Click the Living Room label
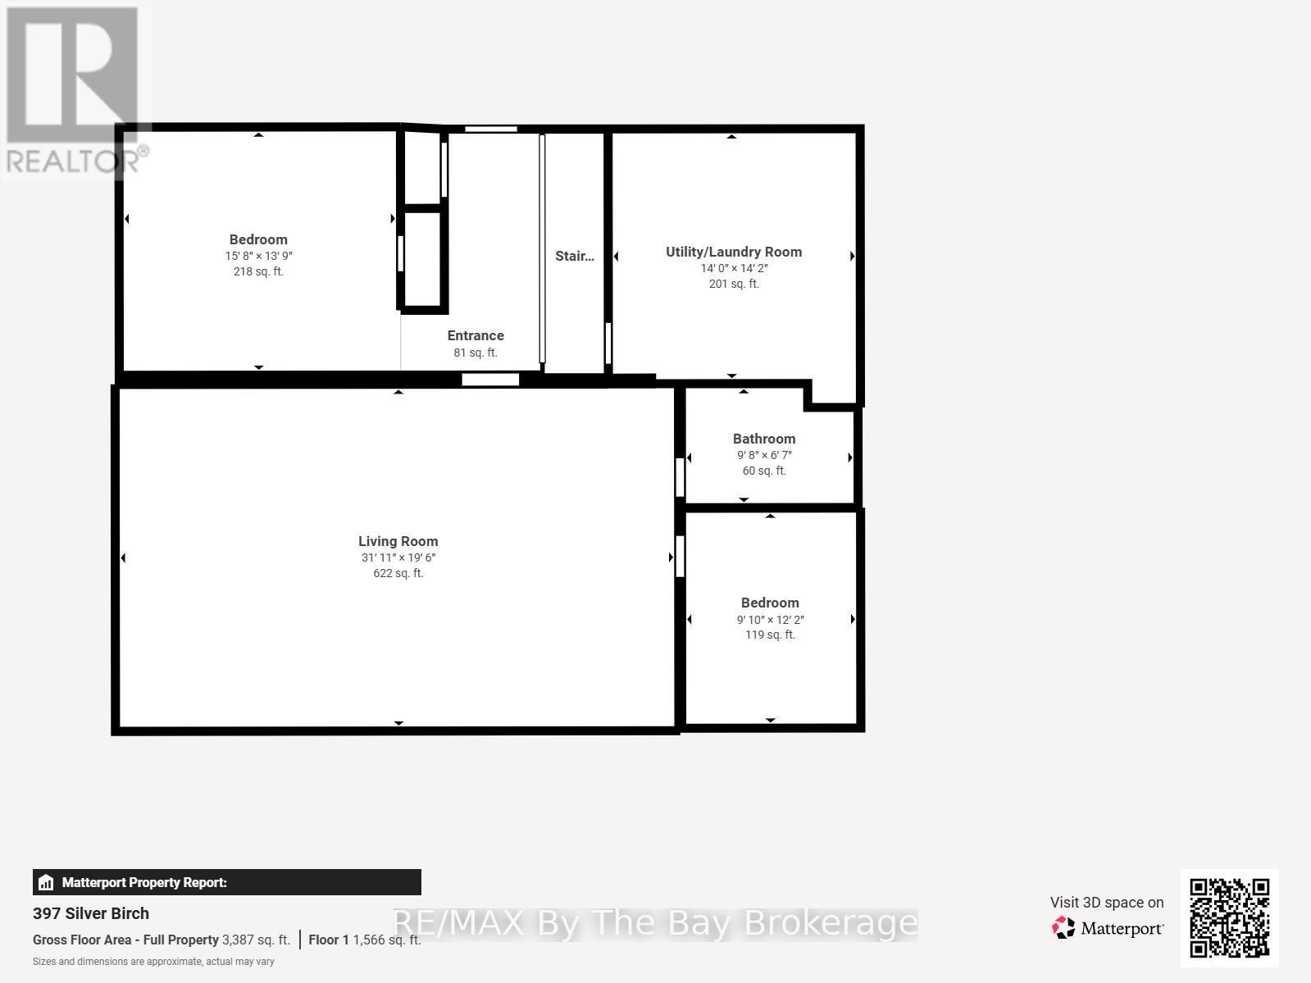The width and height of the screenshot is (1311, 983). pos(398,541)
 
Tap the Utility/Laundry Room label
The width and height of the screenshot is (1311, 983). pos(734,252)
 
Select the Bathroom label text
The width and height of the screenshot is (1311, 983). pos(764,439)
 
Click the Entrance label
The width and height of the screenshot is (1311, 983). pos(476,335)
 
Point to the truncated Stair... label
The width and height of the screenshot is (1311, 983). pos(574,256)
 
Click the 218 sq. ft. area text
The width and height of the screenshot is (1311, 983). pos(258,271)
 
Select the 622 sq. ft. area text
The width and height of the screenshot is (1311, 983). pos(398,573)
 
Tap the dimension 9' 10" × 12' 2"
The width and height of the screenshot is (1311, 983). pos(770,620)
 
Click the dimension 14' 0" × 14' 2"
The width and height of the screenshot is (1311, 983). pos(734,268)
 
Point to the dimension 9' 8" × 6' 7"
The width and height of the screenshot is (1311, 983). pos(764,455)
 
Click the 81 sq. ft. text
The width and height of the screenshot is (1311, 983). pos(476,353)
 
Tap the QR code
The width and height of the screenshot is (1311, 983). pos(1229,918)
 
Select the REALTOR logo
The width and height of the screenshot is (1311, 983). pos(75,90)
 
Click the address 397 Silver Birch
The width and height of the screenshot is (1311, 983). pos(91,913)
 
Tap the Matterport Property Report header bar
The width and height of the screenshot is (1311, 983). pos(226,882)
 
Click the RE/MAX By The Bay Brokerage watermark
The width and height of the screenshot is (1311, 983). pos(654,923)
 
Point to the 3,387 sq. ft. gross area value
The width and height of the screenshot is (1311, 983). pos(256,940)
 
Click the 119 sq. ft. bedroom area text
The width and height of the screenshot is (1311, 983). pos(770,635)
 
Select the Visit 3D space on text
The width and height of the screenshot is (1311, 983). pos(1107,902)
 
